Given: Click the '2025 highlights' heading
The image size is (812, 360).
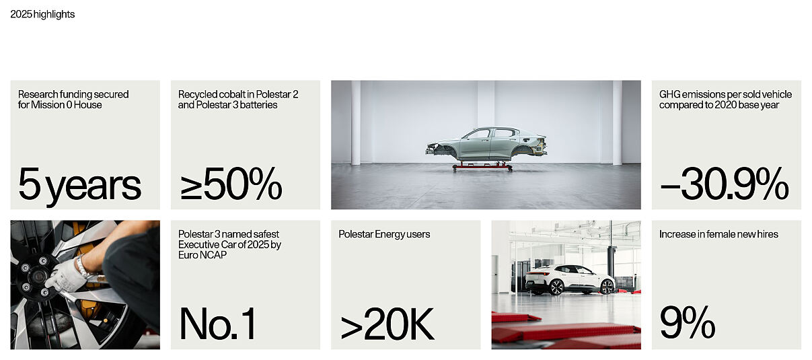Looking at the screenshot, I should coord(42,14).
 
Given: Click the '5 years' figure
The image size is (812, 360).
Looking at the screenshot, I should coord(79,185).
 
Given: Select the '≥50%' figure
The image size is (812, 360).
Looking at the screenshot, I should coord(230,184).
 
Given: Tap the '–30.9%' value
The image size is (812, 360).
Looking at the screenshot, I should coord(724,184).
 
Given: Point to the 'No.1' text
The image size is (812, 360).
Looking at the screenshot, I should coord(218,324).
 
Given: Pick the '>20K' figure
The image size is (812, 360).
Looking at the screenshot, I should coord(387,325).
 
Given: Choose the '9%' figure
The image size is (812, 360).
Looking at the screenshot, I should coord(687,324).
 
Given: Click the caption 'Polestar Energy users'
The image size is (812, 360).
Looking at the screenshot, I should coord(384,234).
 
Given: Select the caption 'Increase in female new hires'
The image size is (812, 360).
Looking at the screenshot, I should coord(718,234).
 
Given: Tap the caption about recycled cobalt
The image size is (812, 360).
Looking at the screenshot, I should coord(238,100).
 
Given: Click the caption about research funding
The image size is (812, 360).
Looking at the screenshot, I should coord(73,100).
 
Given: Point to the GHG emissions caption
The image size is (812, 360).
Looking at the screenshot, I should coord(725,100).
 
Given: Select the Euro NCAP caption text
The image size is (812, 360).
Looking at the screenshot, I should coord(229,244).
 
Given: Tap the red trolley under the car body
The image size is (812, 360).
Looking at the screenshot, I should coord(482,166).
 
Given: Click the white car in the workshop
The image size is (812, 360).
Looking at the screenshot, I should coord(570,279).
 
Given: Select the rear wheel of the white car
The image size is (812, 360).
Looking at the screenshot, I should coord(556,287).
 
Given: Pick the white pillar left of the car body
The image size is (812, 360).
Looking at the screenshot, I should coord(355,122).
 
